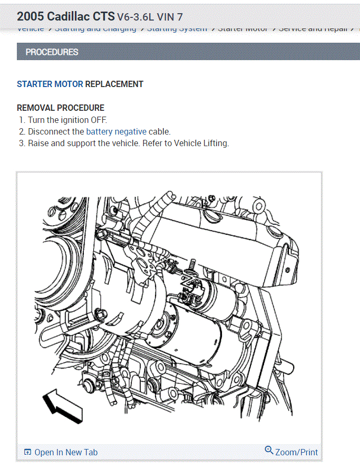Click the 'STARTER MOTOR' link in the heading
50,84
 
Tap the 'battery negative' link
116,131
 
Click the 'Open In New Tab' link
66,452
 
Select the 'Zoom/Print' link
296,452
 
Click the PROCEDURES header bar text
52,52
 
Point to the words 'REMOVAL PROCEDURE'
61,108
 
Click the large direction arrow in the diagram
62,406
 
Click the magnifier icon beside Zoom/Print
269,451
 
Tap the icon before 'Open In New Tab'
27,452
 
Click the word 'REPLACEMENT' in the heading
114,84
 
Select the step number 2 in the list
22,131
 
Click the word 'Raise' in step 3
38,143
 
